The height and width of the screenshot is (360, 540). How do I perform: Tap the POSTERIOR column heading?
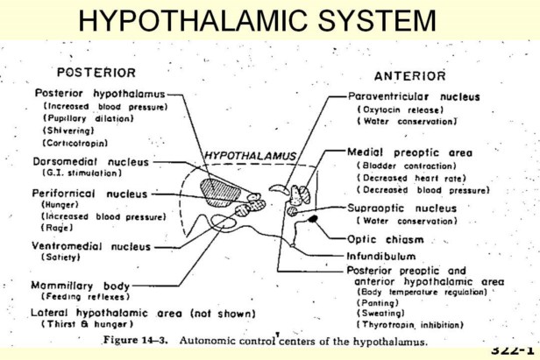[x=96, y=73]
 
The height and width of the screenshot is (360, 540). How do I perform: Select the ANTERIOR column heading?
[x=409, y=76]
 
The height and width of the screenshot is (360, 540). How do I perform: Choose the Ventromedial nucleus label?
[x=91, y=246]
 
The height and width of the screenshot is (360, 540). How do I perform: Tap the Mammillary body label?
[x=81, y=286]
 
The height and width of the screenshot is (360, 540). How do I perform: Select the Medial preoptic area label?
[x=409, y=152]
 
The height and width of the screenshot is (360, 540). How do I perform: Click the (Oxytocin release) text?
[x=394, y=109]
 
